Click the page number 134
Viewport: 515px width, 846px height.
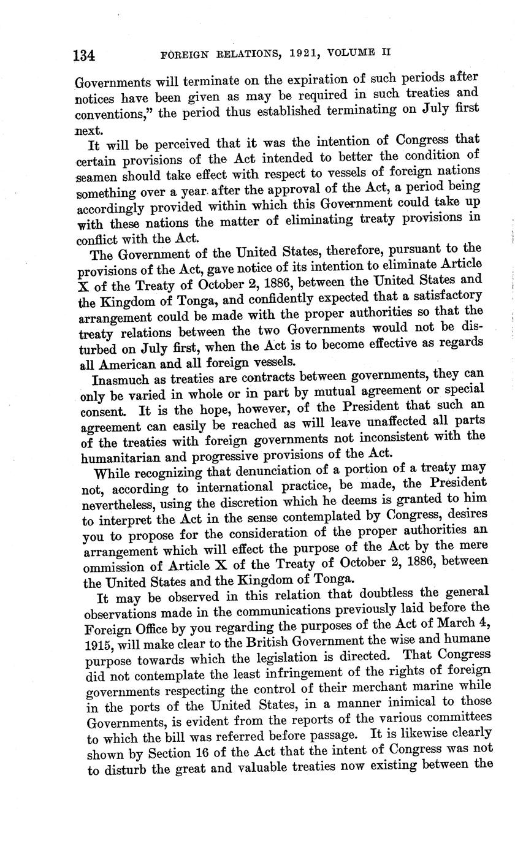(84, 56)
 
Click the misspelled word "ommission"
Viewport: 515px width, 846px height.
(115, 565)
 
